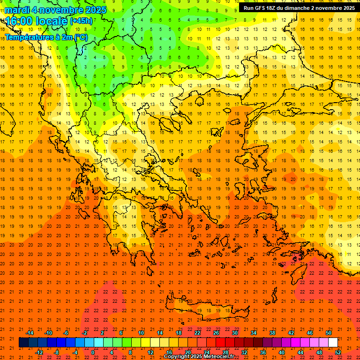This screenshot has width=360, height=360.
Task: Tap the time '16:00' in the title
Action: (19, 21)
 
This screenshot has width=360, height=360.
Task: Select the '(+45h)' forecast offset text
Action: (81, 21)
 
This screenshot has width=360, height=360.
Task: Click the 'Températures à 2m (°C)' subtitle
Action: (46, 37)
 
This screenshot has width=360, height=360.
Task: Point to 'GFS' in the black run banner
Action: (261, 8)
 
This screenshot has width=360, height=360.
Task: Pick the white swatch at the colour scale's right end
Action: (333, 343)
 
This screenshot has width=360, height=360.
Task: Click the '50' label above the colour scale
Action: (329, 333)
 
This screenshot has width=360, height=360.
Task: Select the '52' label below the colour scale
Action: (338, 352)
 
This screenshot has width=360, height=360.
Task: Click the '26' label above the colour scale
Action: (216, 333)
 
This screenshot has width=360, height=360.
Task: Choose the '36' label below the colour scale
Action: (263, 352)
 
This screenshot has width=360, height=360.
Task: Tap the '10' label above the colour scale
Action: (141, 333)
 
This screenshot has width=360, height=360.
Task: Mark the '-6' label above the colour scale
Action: (66, 333)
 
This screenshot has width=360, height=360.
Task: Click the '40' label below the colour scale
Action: (282, 352)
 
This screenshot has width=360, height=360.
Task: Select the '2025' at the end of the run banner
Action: (347, 8)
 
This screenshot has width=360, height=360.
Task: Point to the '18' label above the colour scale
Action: (179, 333)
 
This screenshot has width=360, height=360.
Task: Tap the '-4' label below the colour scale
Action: (75, 352)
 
